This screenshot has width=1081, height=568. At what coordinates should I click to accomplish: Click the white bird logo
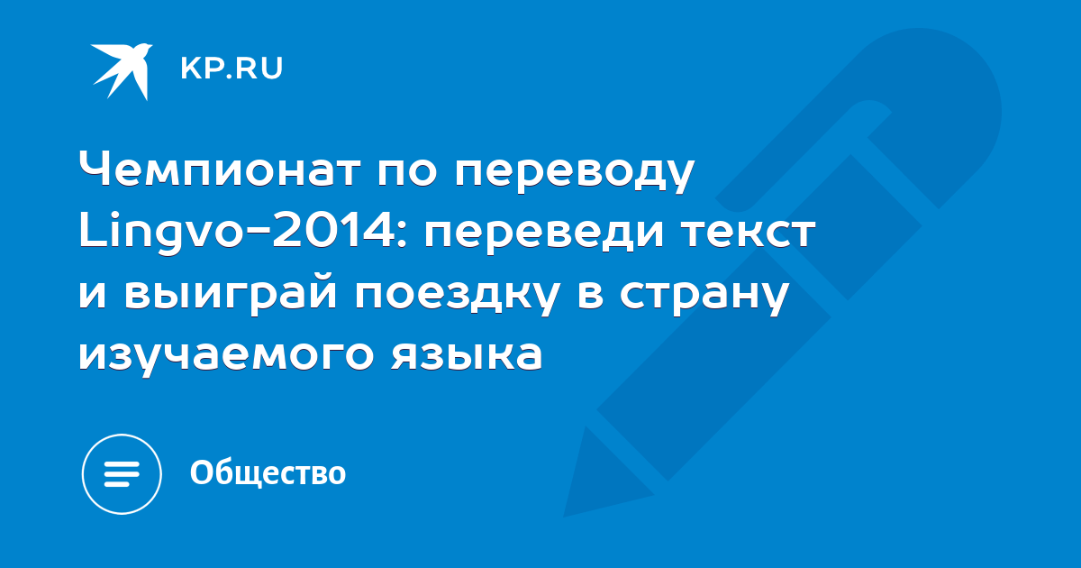(123, 71)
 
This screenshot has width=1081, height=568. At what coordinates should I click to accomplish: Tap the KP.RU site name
(232, 69)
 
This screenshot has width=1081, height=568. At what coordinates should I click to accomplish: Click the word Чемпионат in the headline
(220, 170)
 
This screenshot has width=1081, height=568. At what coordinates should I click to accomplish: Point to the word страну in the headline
(704, 297)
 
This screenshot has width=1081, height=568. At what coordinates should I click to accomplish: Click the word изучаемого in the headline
(226, 356)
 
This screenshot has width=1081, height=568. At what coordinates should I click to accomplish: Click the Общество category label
(268, 472)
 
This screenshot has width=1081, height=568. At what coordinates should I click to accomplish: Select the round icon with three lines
(122, 474)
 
